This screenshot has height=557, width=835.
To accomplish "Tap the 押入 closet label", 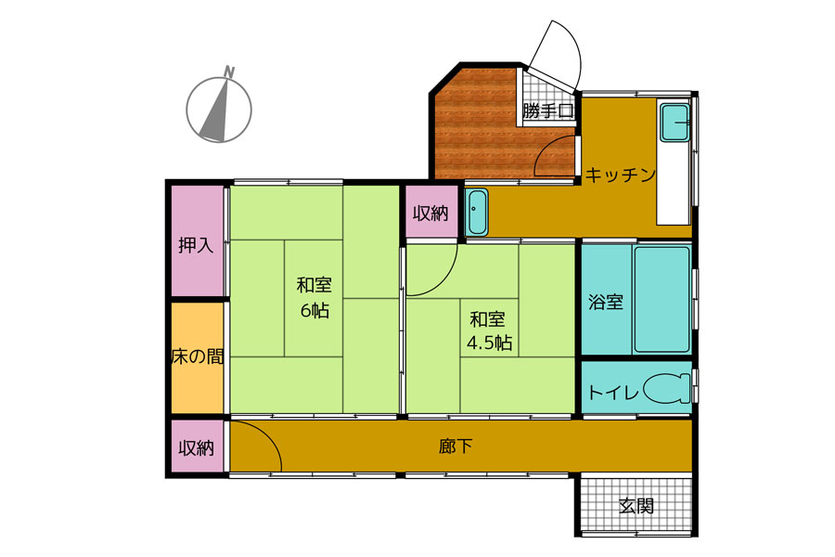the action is point(196,246).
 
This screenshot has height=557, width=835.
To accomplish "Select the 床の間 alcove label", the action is point(198,356).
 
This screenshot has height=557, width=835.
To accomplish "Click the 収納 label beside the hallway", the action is point(197,448).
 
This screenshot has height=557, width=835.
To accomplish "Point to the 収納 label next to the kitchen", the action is point(430,214).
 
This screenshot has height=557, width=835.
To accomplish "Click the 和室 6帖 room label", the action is point(315,297).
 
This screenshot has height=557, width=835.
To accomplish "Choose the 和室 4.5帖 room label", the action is point(489,331).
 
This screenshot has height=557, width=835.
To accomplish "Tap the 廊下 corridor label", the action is point(456,447).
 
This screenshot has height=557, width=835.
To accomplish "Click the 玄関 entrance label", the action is point(636,505).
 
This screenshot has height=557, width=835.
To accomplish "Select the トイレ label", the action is point(613,393).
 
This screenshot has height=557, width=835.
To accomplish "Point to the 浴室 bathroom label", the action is point(606,302).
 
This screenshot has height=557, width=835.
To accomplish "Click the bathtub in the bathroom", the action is point(662,299).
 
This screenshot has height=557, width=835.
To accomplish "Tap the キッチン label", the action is point(621,175).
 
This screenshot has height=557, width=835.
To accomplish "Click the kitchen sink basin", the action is point(674,123).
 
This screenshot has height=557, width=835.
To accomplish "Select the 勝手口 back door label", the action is point(548,111).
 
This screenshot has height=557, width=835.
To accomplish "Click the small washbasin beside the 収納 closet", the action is point(477,212).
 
